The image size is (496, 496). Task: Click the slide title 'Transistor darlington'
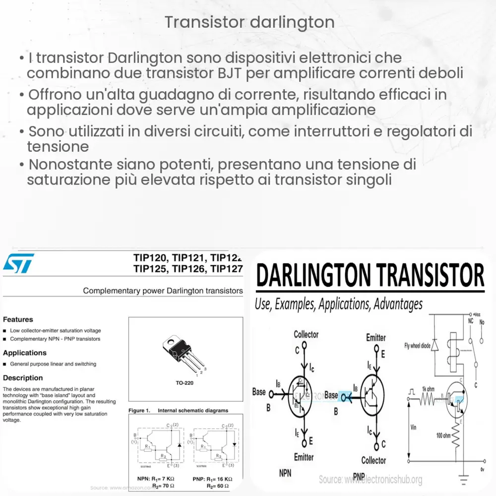(x=249, y=22)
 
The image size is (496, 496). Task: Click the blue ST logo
(x=19, y=263)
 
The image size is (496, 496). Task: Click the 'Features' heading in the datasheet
(x=18, y=319)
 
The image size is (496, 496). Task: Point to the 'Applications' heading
(x=25, y=353)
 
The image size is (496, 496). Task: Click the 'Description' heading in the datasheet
(x=23, y=378)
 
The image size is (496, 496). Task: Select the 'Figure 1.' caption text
(x=139, y=411)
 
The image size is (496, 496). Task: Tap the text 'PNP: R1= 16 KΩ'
(x=212, y=479)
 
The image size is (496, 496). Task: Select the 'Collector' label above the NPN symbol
(x=306, y=335)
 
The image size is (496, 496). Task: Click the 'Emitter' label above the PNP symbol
(x=375, y=337)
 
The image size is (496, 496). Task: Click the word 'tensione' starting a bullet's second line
(x=58, y=147)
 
